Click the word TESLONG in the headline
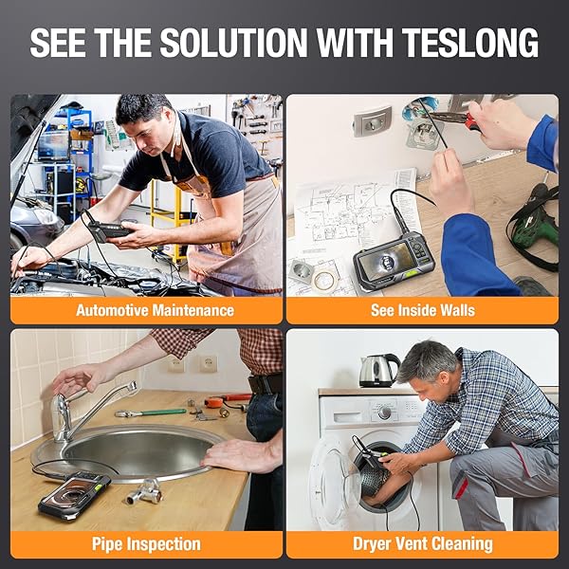coord(470,43)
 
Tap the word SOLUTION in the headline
coord(234,43)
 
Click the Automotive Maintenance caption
coord(155,310)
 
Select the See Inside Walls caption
coord(423,310)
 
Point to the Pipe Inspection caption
coord(146,544)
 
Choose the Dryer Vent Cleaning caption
coord(423,544)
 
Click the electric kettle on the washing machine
coord(378,371)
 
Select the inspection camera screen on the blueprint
coord(386,261)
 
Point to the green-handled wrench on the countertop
coord(150,413)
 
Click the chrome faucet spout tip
coord(133,386)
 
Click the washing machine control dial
coord(384,413)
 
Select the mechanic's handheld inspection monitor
coord(109,230)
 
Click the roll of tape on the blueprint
coord(324,281)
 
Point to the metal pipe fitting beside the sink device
coord(145,492)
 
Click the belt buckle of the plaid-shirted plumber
coord(263,384)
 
